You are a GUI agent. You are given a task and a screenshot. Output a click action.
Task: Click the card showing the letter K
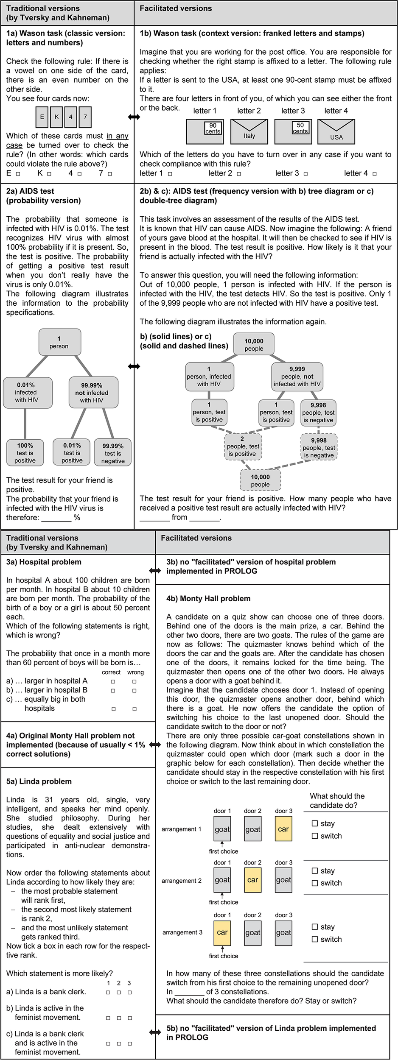[56, 117]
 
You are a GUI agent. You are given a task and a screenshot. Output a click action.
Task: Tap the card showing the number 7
[85, 117]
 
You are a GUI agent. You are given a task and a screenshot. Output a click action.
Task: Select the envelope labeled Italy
[249, 131]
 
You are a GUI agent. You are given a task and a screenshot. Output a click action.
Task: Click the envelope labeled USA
[336, 131]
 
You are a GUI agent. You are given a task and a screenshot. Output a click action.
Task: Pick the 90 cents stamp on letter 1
[213, 128]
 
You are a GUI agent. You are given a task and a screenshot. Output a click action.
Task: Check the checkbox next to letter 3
[306, 174]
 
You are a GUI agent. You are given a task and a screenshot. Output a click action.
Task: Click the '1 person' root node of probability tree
[59, 342]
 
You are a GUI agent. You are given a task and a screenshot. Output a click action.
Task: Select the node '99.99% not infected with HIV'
[92, 393]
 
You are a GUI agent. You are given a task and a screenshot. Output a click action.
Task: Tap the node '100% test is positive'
[25, 453]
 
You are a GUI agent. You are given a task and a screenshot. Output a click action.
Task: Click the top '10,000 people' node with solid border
[254, 344]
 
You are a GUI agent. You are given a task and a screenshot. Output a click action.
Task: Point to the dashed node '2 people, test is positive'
[243, 446]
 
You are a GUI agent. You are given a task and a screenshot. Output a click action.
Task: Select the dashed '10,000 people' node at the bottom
[260, 480]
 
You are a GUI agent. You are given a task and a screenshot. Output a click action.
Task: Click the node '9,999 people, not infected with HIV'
[297, 377]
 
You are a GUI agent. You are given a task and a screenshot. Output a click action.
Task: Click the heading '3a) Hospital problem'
[44, 562]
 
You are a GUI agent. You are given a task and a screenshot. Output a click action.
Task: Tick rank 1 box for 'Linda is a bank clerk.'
[108, 992]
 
